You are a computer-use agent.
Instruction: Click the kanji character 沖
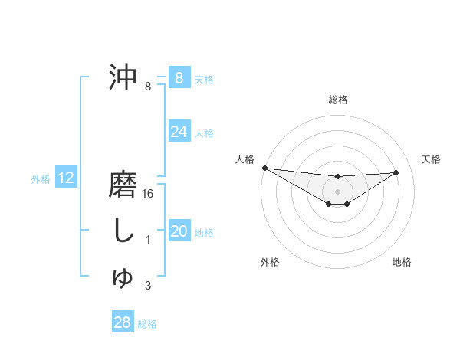123,77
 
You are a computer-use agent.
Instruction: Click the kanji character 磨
123,186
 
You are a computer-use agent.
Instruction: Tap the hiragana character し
123,231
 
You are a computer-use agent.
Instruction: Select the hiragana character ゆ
123,277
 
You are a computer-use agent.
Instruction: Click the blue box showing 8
179,77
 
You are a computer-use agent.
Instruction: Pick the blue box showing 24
179,132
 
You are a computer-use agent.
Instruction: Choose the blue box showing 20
179,231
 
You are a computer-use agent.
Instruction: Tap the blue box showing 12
66,178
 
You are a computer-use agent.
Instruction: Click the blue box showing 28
122,322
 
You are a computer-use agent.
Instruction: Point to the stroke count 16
149,194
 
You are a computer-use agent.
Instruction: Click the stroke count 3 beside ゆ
148,286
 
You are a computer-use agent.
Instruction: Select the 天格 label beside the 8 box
204,79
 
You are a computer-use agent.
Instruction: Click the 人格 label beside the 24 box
204,133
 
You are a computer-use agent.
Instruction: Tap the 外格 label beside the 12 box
41,179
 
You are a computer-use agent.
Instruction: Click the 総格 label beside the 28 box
148,324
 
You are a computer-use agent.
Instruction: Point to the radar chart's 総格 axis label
337,100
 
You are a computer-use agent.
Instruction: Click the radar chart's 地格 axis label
402,262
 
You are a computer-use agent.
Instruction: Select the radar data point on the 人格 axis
264,168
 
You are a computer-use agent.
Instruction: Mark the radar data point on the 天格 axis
396,172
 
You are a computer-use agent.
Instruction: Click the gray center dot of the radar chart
337,191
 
